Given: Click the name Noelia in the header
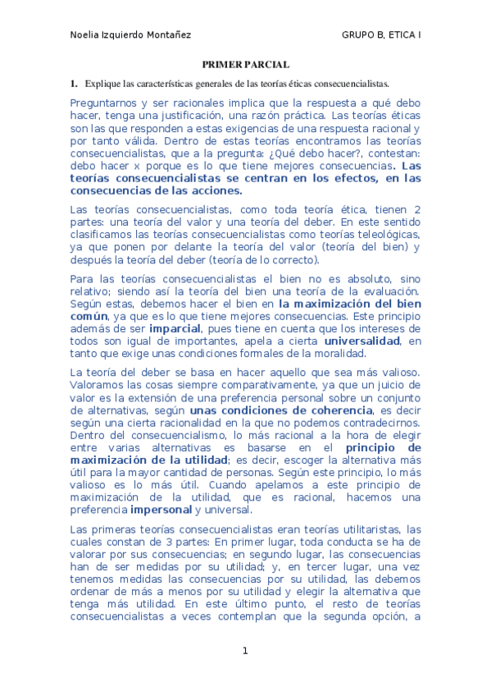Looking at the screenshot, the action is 84,34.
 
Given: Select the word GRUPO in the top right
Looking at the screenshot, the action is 359,34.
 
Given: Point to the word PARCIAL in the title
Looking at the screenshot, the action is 266,65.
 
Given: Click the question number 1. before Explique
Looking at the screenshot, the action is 74,84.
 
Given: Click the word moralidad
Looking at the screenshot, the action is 338,353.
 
